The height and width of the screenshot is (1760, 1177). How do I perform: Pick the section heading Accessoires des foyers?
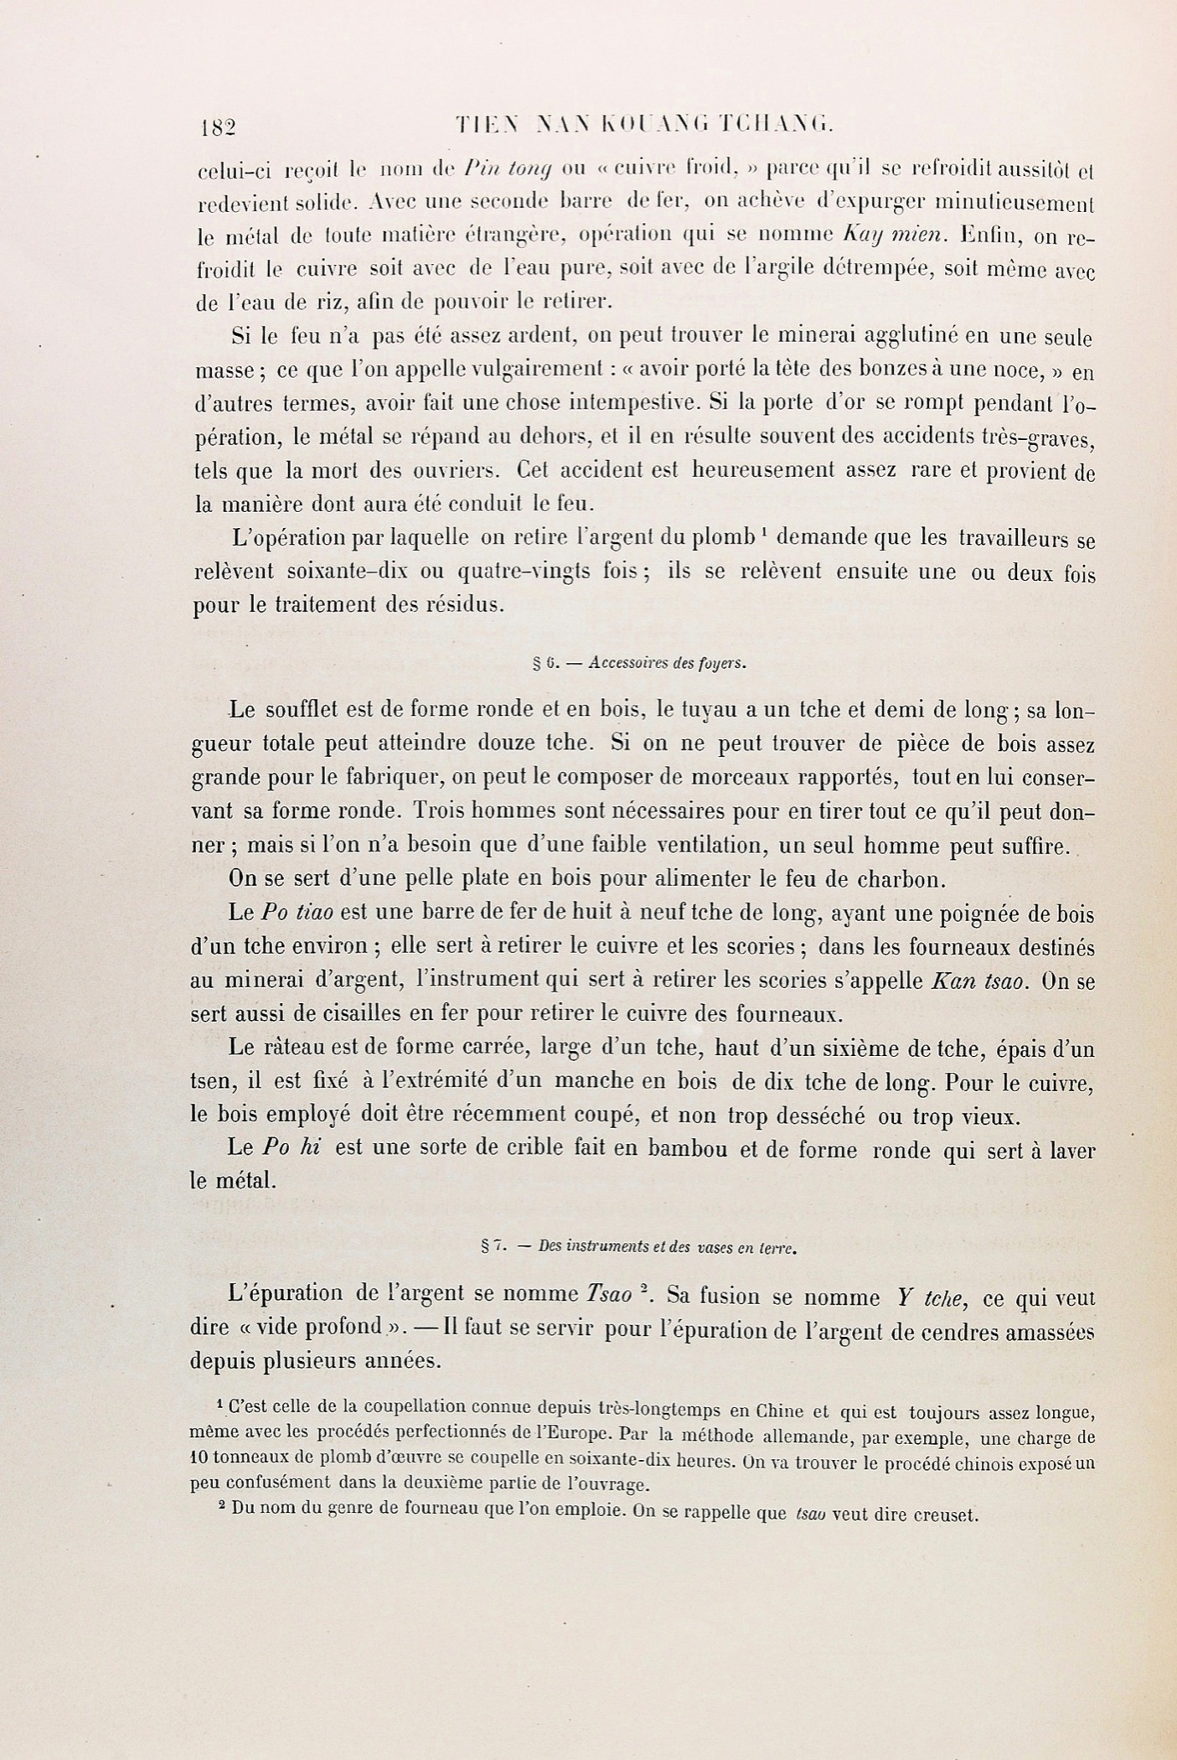[667, 663]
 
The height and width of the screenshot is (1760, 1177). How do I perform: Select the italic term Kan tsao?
[978, 981]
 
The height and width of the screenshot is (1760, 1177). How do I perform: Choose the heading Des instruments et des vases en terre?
[667, 1246]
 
